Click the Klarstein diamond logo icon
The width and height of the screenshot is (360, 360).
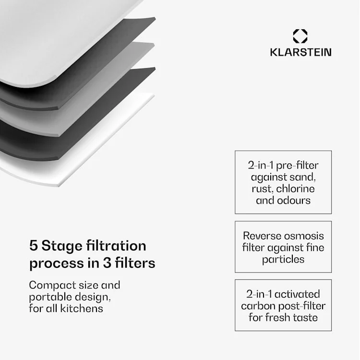(300, 36)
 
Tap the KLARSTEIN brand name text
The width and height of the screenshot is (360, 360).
(300, 52)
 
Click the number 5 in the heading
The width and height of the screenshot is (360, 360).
(34, 246)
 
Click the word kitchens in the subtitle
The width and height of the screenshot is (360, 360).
(82, 308)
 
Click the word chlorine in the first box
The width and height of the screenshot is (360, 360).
(296, 189)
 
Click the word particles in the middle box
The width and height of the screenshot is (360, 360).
(283, 259)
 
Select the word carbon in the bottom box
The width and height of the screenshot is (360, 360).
(260, 306)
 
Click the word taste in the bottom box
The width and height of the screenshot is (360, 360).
(302, 317)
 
